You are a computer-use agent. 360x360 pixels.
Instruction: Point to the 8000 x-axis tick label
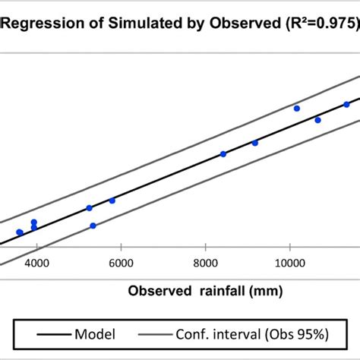[x=206, y=263]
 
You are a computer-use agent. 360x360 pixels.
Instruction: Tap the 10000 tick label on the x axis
[x=289, y=263]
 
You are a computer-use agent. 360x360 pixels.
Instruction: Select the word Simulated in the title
[x=135, y=23]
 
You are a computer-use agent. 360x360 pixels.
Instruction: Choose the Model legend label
[x=94, y=334]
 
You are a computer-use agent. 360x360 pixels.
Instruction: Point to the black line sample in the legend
[x=47, y=334]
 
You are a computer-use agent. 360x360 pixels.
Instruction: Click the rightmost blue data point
[x=346, y=104]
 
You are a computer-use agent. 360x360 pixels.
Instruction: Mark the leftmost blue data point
[x=19, y=232]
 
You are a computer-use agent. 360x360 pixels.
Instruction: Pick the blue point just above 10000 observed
[x=297, y=108]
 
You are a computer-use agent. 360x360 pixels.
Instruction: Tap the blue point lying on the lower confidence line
[x=93, y=226]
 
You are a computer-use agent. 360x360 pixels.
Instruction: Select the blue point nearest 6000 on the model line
[x=112, y=201]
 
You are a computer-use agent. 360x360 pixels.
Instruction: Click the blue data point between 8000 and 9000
[x=223, y=153]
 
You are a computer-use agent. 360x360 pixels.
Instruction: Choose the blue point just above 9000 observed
[x=255, y=143]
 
